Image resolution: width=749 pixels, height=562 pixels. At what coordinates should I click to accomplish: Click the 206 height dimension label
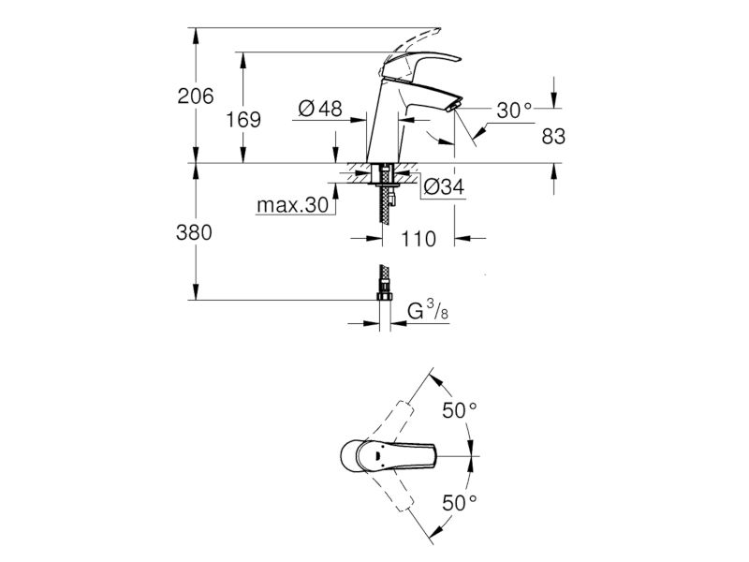click(196, 96)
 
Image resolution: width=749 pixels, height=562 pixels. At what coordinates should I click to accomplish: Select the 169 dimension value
click(243, 120)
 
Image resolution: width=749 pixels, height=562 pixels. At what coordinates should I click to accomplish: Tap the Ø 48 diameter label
click(320, 109)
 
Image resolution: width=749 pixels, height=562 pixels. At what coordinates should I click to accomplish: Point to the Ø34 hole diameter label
click(444, 186)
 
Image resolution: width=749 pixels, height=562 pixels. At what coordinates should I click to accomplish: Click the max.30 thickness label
click(293, 205)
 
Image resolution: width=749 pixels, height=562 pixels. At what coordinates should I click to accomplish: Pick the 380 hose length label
click(194, 232)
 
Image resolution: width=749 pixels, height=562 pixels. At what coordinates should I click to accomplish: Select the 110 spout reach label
click(419, 239)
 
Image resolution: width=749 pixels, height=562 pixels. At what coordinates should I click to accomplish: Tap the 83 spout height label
click(553, 136)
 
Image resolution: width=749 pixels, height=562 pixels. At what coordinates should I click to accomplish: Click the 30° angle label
click(514, 111)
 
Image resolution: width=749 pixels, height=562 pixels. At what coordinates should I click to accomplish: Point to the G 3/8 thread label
click(428, 311)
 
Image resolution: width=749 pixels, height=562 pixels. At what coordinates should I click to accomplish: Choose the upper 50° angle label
click(460, 410)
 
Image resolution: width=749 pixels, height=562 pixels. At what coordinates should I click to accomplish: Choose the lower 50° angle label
click(460, 503)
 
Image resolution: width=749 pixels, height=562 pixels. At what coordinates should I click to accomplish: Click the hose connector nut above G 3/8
click(384, 297)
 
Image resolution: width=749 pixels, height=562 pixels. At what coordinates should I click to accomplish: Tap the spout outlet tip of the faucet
click(454, 107)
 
